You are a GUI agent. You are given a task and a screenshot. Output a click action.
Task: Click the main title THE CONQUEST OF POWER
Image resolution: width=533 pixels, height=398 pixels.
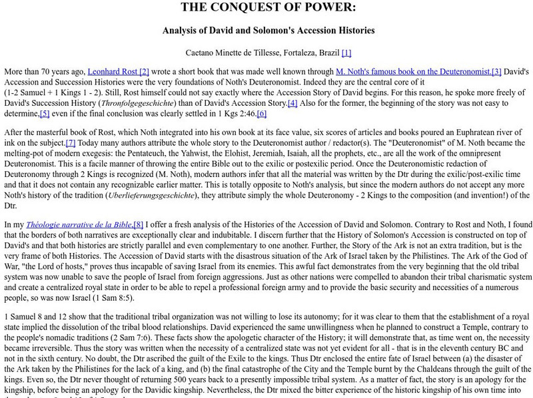(268, 8)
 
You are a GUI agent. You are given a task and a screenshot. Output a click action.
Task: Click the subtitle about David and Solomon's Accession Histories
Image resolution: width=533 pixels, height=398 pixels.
(268, 30)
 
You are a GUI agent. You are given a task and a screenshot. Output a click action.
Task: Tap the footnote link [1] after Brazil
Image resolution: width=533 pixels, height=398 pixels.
(346, 53)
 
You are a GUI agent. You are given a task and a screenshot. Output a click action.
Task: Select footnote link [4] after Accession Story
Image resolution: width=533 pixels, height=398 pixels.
(292, 103)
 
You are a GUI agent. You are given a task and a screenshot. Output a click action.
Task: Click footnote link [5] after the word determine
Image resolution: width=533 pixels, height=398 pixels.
(45, 114)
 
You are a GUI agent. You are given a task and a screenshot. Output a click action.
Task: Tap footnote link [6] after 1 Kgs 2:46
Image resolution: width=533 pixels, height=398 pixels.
(261, 114)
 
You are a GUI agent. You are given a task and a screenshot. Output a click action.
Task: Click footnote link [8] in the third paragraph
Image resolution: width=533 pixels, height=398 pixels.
(138, 225)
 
